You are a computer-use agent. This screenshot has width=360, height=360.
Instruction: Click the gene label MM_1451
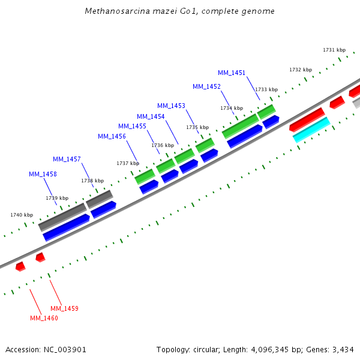tap(232, 73)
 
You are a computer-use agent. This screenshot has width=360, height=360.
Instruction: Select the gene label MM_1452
tap(206, 86)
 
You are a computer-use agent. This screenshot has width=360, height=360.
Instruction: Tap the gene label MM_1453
tap(171, 106)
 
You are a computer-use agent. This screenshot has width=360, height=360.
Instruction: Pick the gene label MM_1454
tap(151, 116)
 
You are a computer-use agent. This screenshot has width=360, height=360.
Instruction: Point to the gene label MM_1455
tap(132, 126)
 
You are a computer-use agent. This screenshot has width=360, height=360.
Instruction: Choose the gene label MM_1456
tap(112, 136)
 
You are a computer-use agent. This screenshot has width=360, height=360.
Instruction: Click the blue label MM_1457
tap(67, 159)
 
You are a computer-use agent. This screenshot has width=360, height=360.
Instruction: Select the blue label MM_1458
tap(43, 174)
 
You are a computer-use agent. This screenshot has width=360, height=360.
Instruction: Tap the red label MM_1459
tap(64, 308)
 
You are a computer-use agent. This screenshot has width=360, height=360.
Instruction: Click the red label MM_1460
tap(44, 318)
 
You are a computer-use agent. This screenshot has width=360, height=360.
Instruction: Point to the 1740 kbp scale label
tap(22, 215)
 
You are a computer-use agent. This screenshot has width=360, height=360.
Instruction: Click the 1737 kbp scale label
tap(128, 163)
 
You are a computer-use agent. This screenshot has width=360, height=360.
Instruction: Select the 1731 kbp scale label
tap(334, 50)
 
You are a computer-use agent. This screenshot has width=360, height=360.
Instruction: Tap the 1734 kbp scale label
tap(232, 108)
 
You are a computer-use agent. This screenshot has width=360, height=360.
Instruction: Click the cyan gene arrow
tap(311, 130)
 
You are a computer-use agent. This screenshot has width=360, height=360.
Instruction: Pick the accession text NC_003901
tap(65, 349)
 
